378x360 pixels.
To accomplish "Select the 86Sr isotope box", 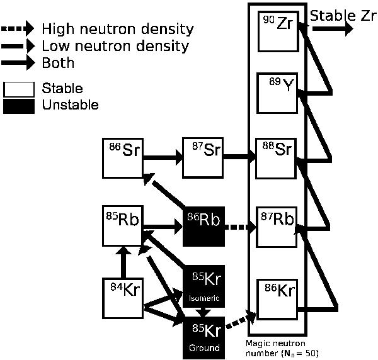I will [123, 157].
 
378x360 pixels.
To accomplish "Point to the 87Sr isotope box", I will [203, 157].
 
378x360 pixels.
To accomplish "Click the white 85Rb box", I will [123, 224].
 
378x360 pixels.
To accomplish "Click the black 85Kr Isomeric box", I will [203, 286].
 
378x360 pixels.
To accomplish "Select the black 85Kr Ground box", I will [203, 337].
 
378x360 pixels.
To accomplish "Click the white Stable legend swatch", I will [19, 89].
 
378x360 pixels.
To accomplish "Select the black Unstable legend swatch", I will [19, 105].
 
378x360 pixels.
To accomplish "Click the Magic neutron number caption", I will [282, 347].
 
